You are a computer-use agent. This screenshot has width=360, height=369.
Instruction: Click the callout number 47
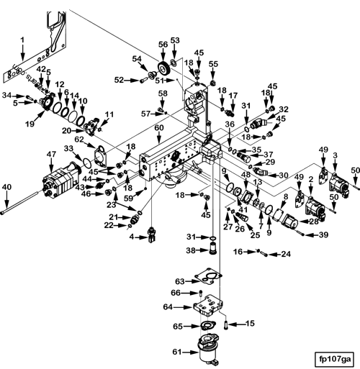[x=51, y=155]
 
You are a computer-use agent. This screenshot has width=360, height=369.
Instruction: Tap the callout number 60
[x=159, y=128]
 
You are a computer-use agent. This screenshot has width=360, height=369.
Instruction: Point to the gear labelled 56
[x=164, y=69]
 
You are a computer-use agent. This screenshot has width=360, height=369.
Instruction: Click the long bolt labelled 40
[x=20, y=201]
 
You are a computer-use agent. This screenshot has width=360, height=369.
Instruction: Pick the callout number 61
[x=177, y=352]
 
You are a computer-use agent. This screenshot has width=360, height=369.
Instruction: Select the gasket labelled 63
[x=208, y=275]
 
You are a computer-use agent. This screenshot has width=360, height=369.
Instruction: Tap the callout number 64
[x=168, y=307]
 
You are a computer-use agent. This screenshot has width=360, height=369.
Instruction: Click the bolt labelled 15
[x=226, y=325]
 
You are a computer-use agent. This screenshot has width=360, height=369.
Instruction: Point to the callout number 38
[x=191, y=250]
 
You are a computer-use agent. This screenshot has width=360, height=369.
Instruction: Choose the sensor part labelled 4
[x=151, y=234]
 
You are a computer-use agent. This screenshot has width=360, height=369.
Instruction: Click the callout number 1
[x=22, y=40]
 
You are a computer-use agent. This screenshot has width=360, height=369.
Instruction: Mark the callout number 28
[x=313, y=222]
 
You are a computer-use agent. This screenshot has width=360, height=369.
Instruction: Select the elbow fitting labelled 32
[x=258, y=124]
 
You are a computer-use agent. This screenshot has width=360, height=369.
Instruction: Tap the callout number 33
[x=68, y=149]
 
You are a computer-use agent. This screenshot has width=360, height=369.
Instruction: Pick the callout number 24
[x=286, y=254]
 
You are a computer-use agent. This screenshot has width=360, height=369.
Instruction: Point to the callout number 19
[x=30, y=124]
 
